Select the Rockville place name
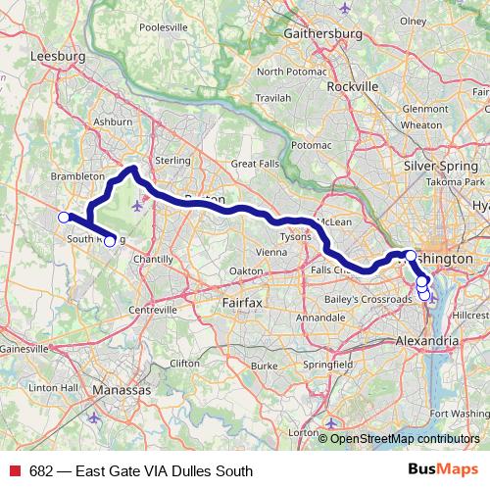point(351,86)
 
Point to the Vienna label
point(271,252)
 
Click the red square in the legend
point(15,471)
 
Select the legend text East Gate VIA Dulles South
point(141,471)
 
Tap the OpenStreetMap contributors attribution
point(404,439)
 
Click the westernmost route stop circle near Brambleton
point(64,217)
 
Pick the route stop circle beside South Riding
point(110,241)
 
